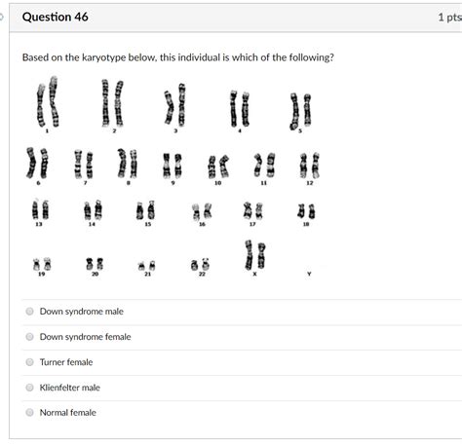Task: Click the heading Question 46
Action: point(56,17)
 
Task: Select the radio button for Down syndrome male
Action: point(29,312)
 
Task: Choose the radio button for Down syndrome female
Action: point(29,337)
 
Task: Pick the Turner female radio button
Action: point(29,362)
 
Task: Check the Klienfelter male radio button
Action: point(29,388)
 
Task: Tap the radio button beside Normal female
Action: point(29,413)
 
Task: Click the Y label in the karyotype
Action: point(309,274)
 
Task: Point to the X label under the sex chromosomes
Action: point(254,274)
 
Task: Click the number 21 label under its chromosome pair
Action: point(148,274)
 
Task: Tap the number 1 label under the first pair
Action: point(47,130)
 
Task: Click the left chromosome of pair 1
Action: point(41,105)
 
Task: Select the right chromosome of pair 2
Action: point(119,103)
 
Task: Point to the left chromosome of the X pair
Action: point(249,255)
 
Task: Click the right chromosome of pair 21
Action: point(152,266)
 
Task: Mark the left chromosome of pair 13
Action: point(35,210)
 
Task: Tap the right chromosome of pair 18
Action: point(312,211)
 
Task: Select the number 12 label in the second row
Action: point(310,183)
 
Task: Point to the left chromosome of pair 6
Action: point(31,163)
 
